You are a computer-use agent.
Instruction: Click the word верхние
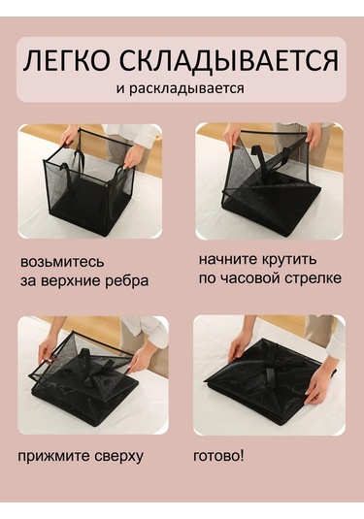76,281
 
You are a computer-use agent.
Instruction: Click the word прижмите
56,456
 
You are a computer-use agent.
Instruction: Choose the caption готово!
219,455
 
